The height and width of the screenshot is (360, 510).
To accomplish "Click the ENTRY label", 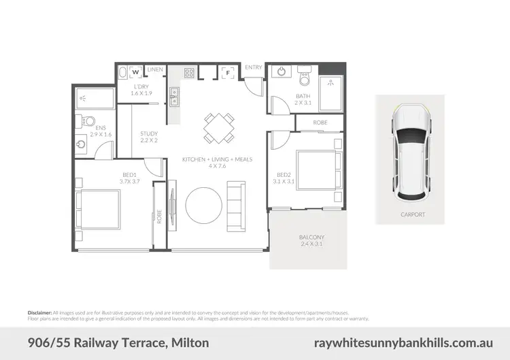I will click(254, 67).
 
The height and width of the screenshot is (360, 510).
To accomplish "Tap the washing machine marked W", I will click(135, 71).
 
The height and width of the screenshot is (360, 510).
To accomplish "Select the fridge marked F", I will click(228, 71).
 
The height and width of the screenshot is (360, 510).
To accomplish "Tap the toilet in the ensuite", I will click(88, 122).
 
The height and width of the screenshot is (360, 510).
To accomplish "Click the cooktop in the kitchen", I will click(188, 71).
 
